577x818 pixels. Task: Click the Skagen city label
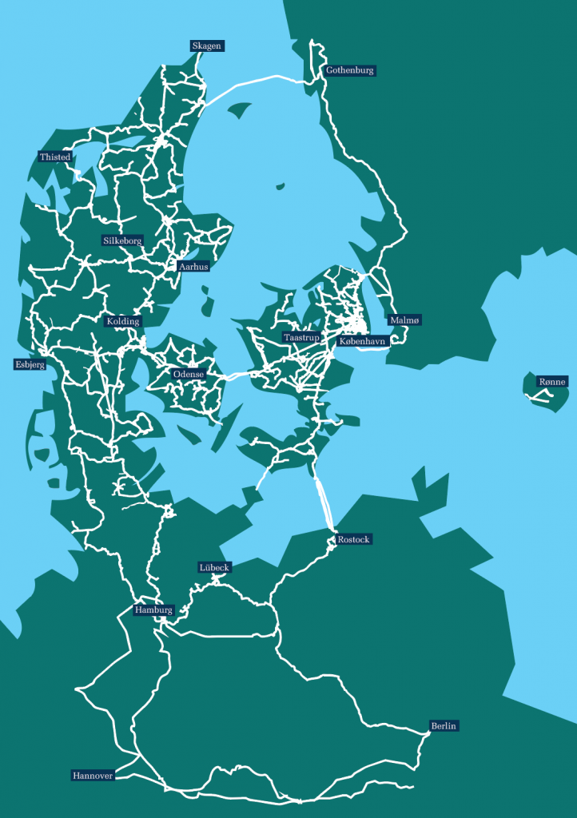206,46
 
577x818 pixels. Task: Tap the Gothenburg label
349,70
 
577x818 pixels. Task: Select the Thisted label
55,157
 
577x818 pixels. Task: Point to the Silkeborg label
122,240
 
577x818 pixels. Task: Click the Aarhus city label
193,267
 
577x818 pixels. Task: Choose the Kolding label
123,321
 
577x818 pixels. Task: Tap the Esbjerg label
30,364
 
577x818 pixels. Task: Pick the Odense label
189,374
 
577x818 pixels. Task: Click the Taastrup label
301,338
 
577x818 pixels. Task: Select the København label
362,341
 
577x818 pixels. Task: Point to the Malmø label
404,320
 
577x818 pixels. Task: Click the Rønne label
551,382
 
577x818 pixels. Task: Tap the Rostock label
354,539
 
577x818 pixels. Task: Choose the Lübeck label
214,567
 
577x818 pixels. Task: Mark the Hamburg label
153,610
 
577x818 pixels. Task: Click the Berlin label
443,726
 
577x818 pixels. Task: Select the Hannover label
92,775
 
